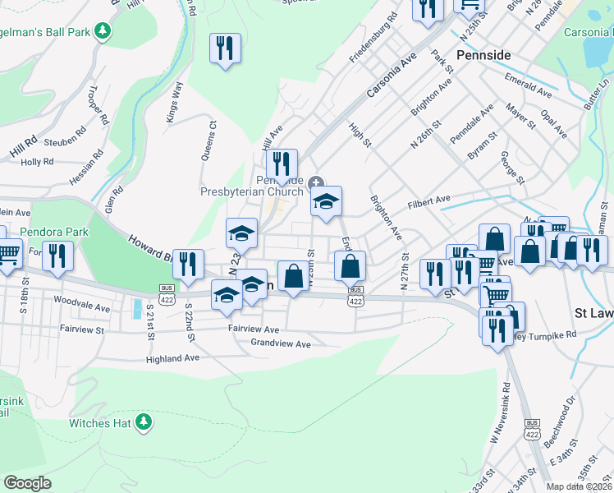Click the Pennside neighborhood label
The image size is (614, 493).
(483, 55)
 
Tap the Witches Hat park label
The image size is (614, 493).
(101, 423)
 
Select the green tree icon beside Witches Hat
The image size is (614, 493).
(144, 422)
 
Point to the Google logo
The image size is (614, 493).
(27, 483)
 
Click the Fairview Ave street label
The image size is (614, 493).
(254, 329)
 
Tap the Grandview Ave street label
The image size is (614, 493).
(281, 343)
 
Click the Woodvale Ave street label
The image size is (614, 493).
(80, 306)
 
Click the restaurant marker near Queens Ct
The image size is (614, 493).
(225, 48)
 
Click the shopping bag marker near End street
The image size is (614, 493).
(350, 266)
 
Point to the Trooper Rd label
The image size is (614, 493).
(95, 104)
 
